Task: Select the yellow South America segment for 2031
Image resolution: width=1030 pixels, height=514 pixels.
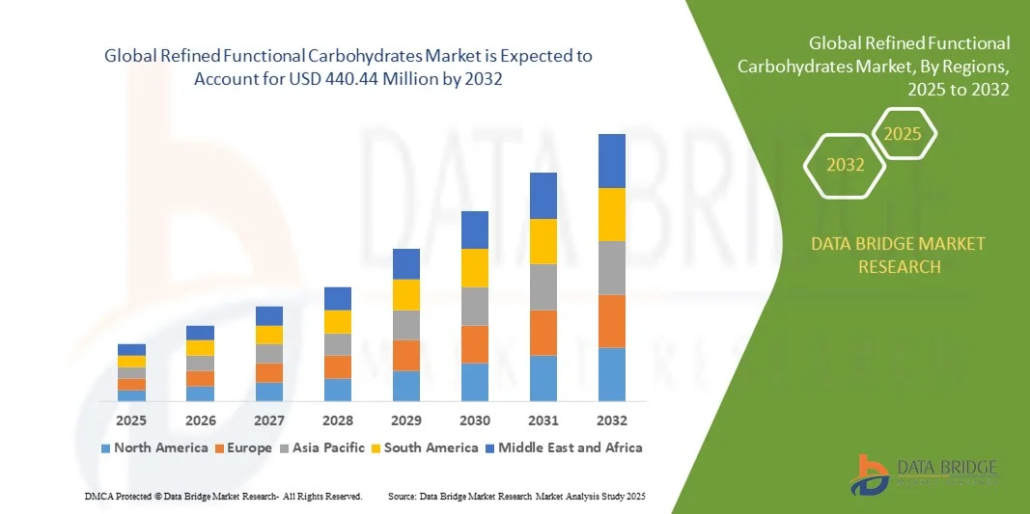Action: pyautogui.click(x=543, y=241)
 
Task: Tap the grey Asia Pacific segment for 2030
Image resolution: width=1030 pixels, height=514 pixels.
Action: pyautogui.click(x=475, y=306)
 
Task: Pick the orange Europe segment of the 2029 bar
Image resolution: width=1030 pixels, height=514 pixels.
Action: pyautogui.click(x=406, y=355)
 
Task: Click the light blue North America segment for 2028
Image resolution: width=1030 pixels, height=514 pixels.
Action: pyautogui.click(x=338, y=390)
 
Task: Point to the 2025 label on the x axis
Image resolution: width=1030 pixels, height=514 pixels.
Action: pyautogui.click(x=132, y=420)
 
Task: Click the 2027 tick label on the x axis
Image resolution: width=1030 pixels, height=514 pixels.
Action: pyautogui.click(x=269, y=420)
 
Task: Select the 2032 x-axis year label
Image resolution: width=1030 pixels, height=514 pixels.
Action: pyautogui.click(x=612, y=420)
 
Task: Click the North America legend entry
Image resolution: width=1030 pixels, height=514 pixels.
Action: pyautogui.click(x=154, y=447)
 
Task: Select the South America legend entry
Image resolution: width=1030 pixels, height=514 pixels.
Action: pyautogui.click(x=424, y=447)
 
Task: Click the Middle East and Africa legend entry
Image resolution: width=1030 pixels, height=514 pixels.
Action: pyautogui.click(x=564, y=447)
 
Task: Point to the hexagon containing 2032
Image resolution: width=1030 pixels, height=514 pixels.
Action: pyautogui.click(x=846, y=166)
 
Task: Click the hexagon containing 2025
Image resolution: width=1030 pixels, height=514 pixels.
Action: pyautogui.click(x=904, y=134)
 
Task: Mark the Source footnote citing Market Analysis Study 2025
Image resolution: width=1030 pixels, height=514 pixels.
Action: pyautogui.click(x=515, y=496)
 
